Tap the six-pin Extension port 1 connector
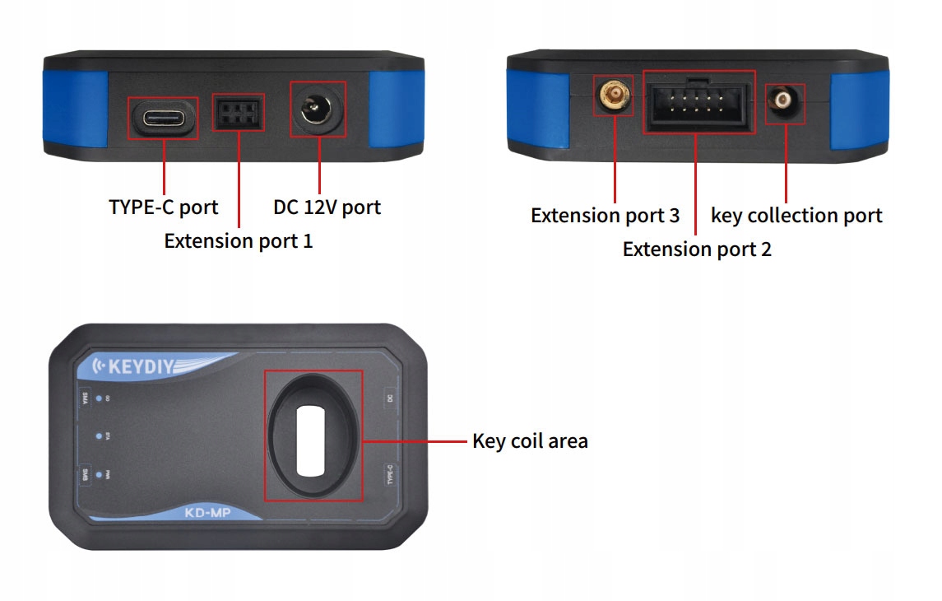click(x=239, y=112)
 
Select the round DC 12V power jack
click(x=318, y=109)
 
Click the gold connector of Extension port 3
click(x=613, y=98)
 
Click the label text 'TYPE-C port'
click(x=164, y=207)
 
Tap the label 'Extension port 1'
click(x=239, y=241)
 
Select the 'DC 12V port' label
click(x=327, y=207)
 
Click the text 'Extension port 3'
click(x=605, y=216)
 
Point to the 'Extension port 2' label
click(x=697, y=249)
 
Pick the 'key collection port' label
click(x=796, y=216)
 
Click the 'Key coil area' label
click(x=530, y=441)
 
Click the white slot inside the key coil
click(x=313, y=440)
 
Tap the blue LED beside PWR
click(x=99, y=474)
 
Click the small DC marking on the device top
click(x=390, y=398)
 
